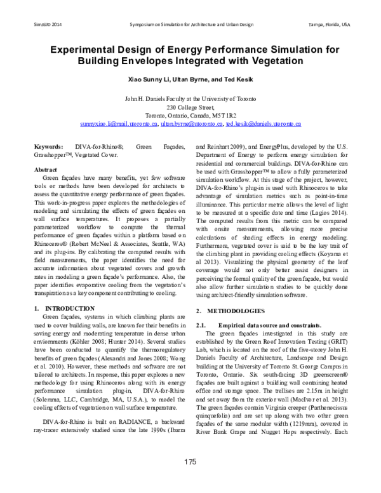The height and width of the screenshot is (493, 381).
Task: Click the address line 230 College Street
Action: [190, 108]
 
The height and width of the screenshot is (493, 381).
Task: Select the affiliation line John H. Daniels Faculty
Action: [190, 100]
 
